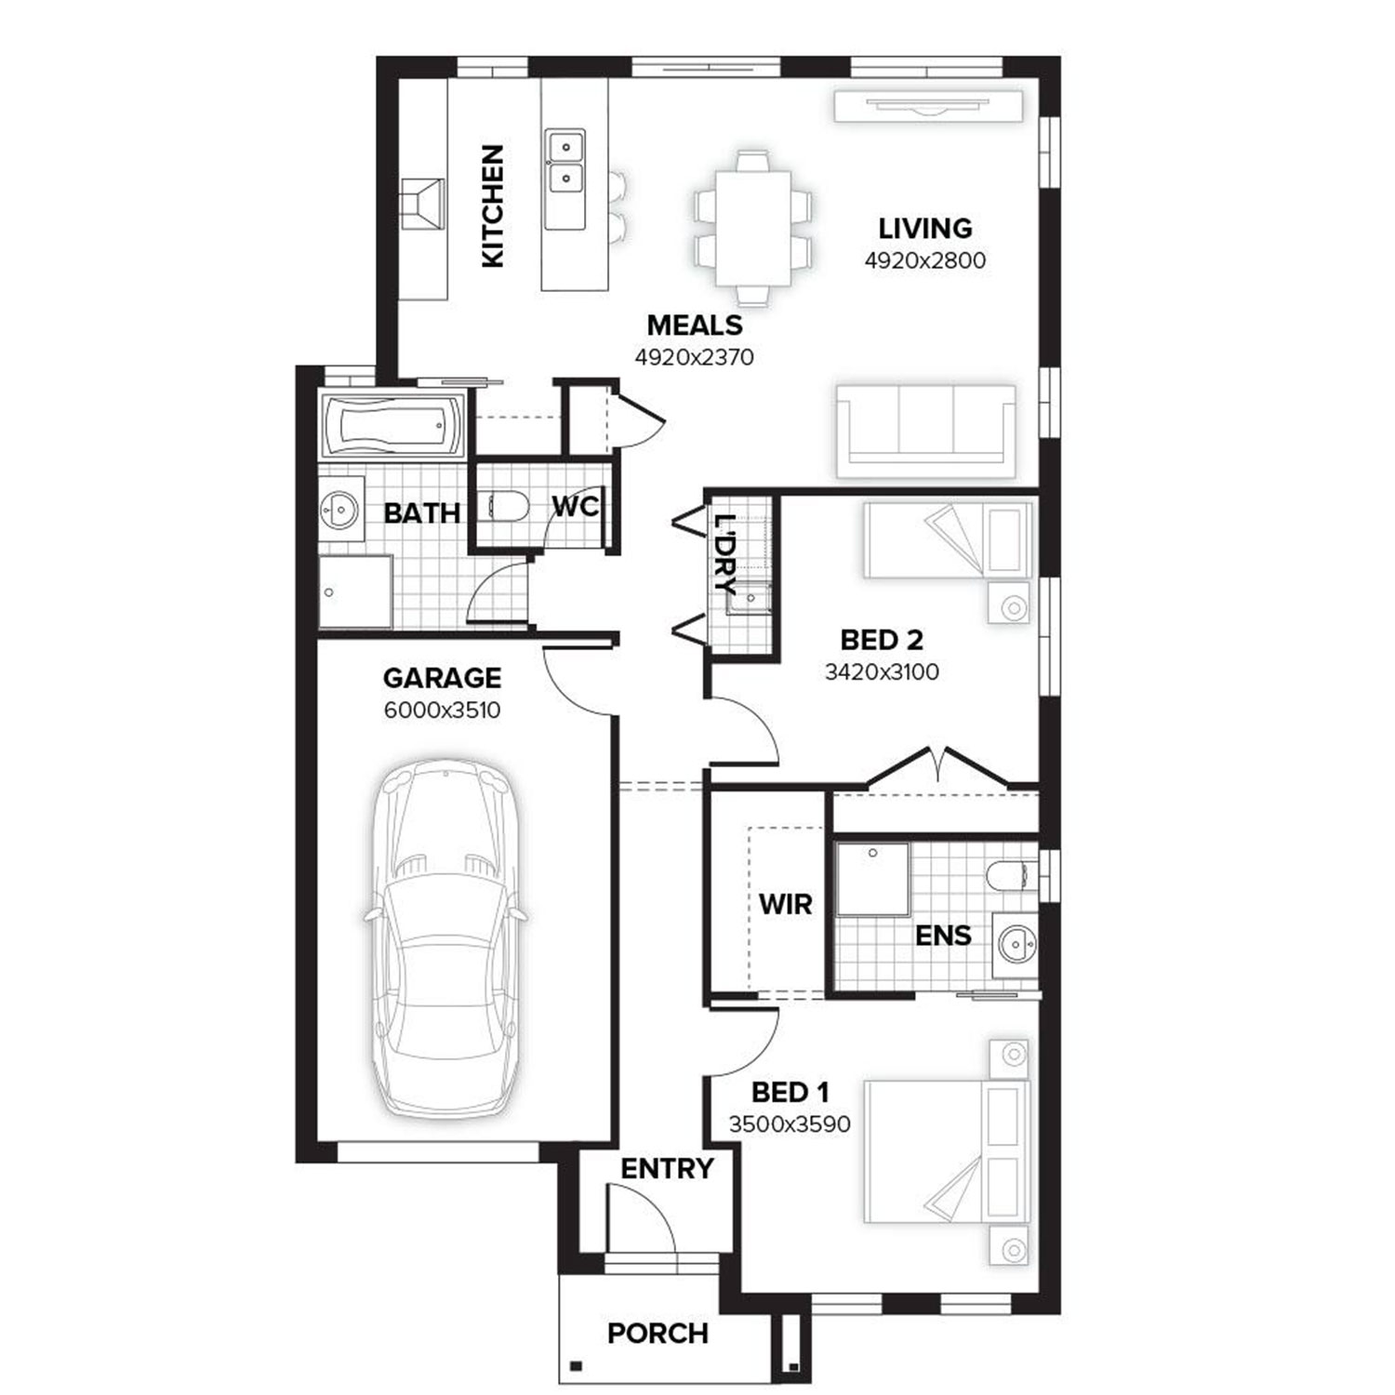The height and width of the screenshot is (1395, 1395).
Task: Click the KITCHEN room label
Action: [493, 206]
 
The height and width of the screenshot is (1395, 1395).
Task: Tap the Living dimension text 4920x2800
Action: [924, 260]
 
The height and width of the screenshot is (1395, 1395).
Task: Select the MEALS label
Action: [695, 325]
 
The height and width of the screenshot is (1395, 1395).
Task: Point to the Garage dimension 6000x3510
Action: [442, 711]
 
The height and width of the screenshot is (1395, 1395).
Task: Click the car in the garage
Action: [445, 939]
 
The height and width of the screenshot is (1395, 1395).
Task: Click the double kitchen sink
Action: [565, 163]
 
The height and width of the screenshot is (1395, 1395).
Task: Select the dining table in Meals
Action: [752, 228]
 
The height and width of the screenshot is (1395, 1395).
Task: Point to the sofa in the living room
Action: [925, 431]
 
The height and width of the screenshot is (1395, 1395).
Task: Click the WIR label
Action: [785, 904]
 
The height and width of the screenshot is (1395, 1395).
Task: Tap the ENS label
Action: [943, 936]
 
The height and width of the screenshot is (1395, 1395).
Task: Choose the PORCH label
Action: [658, 1334]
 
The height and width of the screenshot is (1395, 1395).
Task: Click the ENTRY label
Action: [667, 1169]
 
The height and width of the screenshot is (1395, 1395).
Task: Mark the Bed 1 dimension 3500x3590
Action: [789, 1124]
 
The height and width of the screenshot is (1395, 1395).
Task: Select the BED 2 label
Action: [881, 640]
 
